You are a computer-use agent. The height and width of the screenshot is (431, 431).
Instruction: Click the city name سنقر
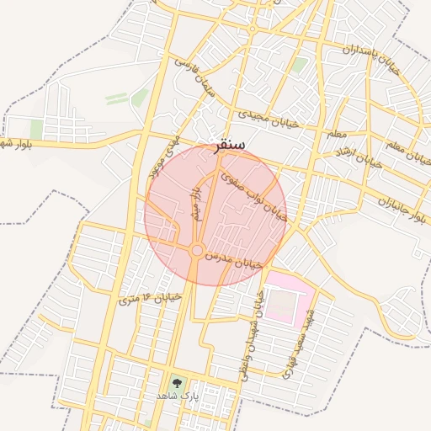tap(230, 144)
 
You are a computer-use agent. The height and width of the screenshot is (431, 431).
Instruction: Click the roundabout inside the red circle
tap(196, 250)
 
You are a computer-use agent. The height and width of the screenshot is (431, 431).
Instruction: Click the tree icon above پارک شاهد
tap(176, 383)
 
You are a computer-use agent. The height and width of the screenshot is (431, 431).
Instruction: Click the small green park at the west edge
tap(36, 129)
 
